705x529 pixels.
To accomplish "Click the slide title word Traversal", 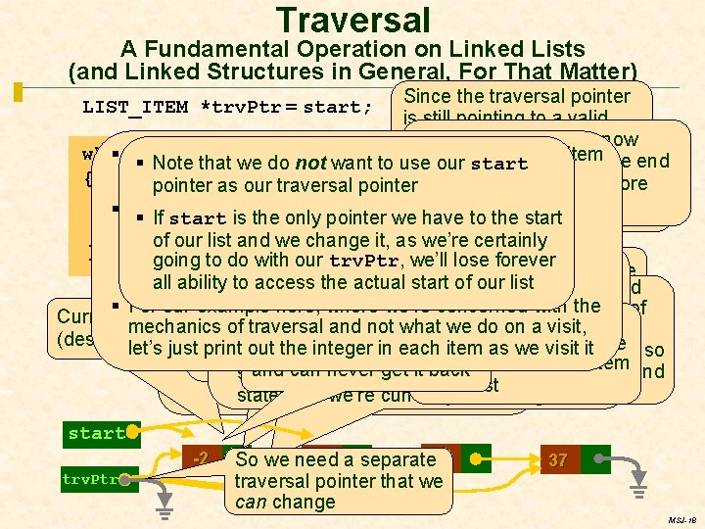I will pos(353,20).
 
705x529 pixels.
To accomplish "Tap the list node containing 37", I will pos(558,459).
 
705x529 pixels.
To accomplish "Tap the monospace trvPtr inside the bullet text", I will pos(364,262).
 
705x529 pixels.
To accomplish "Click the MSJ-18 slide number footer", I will pos(681,521).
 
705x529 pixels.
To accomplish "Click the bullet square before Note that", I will pos(141,163).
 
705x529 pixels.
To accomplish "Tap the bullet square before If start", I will pos(141,217).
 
